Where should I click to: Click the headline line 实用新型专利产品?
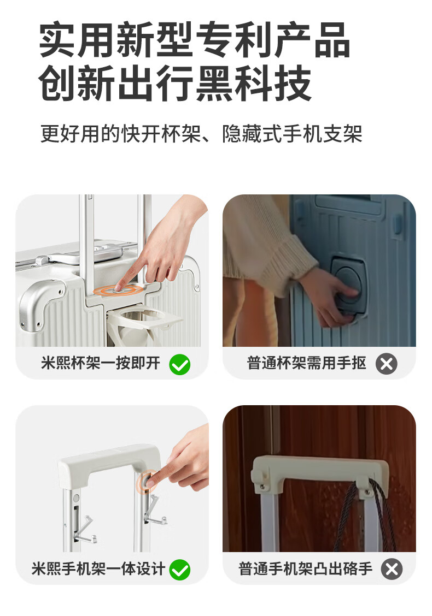tap(194, 40)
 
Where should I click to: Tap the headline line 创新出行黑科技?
tap(175, 84)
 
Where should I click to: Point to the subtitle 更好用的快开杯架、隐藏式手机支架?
tap(201, 134)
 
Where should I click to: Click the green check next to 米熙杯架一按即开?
tap(180, 364)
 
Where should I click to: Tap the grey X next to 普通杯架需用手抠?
tap(387, 364)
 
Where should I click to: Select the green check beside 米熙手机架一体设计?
tap(180, 570)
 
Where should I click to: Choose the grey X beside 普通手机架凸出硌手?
tap(392, 569)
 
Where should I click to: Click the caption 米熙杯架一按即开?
tap(101, 363)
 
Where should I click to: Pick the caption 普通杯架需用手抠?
tap(306, 363)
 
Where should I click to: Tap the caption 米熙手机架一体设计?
tap(98, 568)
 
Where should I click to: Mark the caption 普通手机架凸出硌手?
tap(305, 568)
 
